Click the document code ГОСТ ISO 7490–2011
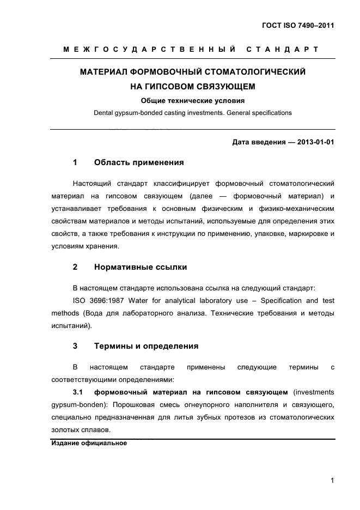[298, 26]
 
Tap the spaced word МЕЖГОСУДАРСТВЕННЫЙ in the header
[149, 50]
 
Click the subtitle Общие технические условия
[193, 100]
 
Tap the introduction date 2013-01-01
[314, 143]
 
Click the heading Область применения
[139, 162]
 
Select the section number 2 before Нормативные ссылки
[75, 267]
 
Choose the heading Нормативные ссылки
[141, 267]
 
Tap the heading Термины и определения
[146, 346]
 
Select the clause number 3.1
[78, 392]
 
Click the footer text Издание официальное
[89, 444]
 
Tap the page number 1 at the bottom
[332, 481]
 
